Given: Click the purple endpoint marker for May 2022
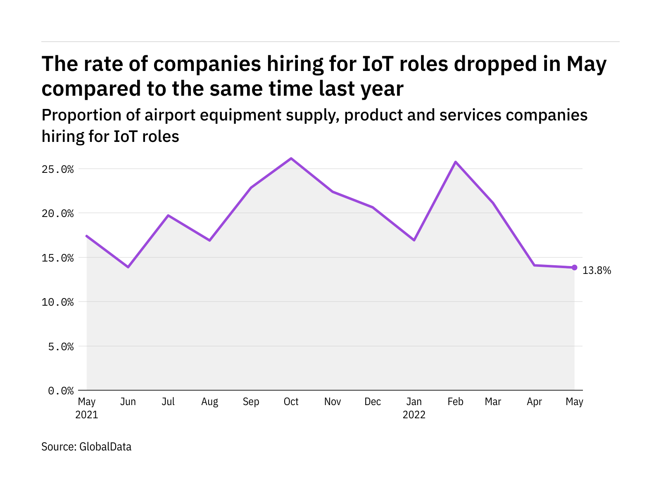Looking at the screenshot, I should point(574,267).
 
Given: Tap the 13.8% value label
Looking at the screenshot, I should point(597,271).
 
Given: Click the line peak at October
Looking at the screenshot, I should point(291,158).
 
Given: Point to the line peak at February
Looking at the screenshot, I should point(455,162).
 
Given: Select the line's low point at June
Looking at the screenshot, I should point(128,267).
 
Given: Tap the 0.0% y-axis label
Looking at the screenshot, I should point(61,391).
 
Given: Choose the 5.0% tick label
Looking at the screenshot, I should point(61,346).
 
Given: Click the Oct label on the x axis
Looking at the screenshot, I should point(291,402).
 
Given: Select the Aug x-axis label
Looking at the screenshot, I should point(209,402).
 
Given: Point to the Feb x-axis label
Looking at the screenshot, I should point(455,402).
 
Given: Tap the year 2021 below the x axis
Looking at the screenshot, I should point(87,415).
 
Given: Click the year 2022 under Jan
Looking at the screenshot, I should point(414,415).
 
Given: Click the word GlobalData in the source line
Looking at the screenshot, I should point(105,447).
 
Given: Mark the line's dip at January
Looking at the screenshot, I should point(414,240).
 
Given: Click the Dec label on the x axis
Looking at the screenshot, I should point(373,402).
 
